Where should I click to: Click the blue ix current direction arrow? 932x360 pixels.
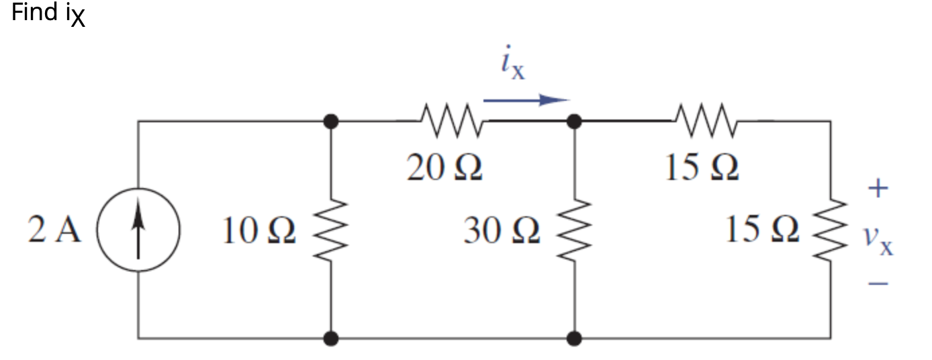coord(526,101)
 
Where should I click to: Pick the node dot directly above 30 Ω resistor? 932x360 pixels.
coord(575,122)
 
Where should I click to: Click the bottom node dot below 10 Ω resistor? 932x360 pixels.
coord(330,338)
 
